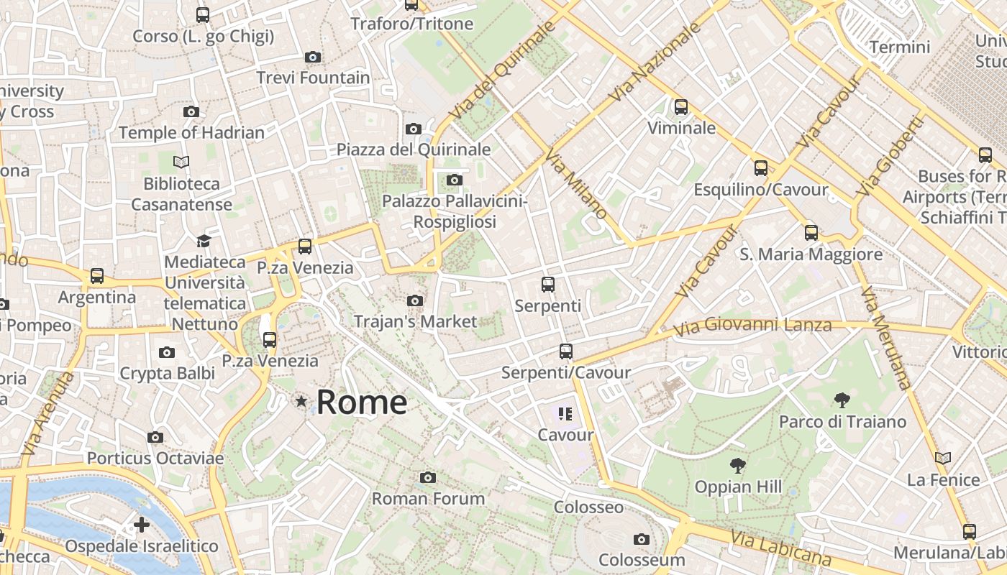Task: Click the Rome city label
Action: tap(361, 402)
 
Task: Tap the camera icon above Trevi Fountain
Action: tap(313, 57)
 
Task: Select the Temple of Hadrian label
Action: tap(191, 133)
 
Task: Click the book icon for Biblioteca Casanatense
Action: tap(181, 162)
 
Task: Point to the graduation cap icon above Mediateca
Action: tap(204, 241)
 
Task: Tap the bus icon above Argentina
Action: tap(97, 276)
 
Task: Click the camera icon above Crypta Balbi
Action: tap(167, 352)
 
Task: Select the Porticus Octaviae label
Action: tap(155, 458)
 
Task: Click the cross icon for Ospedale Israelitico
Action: tap(142, 525)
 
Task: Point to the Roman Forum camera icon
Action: tap(428, 477)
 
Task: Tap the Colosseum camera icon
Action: tap(642, 539)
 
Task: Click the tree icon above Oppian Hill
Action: tap(737, 466)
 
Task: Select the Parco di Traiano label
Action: tap(842, 421)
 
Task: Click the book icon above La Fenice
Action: tap(943, 458)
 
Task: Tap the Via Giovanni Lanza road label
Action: tap(753, 326)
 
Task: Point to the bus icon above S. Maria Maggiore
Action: tap(811, 233)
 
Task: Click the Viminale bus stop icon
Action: tap(681, 107)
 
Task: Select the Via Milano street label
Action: tap(576, 185)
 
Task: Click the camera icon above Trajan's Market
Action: tap(415, 300)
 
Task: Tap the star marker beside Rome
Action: tap(301, 402)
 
